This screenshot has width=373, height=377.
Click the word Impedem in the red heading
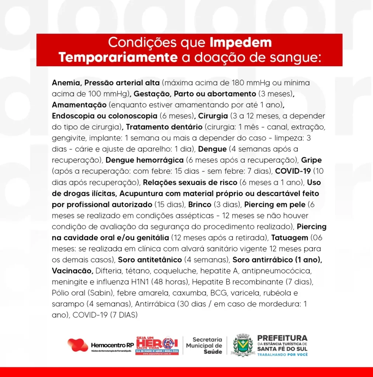point(241,43)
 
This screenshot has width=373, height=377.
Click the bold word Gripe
point(311,160)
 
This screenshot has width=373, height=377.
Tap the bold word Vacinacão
point(72,271)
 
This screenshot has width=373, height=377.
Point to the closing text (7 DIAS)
point(123,315)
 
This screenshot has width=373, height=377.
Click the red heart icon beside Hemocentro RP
point(77,345)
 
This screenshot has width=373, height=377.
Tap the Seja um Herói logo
point(157,345)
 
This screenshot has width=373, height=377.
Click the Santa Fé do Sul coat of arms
point(243,346)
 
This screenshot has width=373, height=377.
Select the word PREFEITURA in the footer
point(282,338)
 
